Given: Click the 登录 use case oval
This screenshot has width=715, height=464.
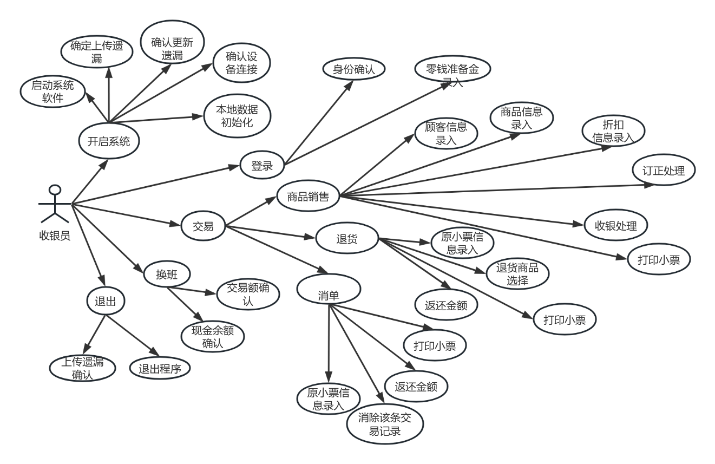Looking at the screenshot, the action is tap(262, 165).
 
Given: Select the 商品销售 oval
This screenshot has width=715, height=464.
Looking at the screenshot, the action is tap(308, 196).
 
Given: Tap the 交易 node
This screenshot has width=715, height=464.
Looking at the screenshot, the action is tap(203, 226).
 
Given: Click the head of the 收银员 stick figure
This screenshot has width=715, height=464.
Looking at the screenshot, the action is tap(55, 189).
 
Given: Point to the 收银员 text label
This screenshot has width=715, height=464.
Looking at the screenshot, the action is tap(55, 236).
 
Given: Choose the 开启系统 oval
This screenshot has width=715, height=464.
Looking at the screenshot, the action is tap(109, 141).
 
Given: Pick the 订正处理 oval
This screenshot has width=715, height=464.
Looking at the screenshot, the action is tap(664, 170).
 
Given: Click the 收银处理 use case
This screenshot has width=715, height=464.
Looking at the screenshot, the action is tap(616, 225).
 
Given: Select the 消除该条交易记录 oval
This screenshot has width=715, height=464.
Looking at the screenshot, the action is tap(385, 424).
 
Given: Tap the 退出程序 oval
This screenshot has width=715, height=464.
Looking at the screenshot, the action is tap(160, 368).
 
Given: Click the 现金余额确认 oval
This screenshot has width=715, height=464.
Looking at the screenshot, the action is tap(213, 337).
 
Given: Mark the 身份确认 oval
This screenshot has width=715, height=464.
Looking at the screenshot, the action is tap(353, 69).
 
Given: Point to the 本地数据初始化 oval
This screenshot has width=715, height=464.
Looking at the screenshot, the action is tap(237, 116).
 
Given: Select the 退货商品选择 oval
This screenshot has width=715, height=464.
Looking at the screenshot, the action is tap(517, 273).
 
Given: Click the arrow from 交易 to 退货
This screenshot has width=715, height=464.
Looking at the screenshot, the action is tap(271, 232).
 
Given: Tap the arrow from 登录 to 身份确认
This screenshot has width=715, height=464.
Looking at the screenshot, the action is tap(319, 122).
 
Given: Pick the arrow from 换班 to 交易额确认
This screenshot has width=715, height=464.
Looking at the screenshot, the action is tap(192, 290).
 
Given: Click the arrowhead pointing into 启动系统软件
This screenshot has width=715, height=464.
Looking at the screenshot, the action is tap(89, 97).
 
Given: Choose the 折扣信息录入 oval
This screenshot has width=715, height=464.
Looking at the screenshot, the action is tap(613, 130).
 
